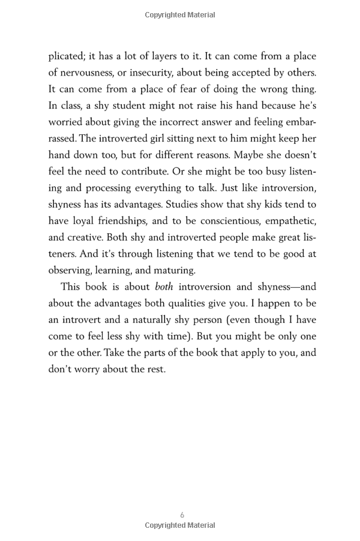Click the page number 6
point(182,515)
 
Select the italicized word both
point(164,287)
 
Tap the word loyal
point(83,220)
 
